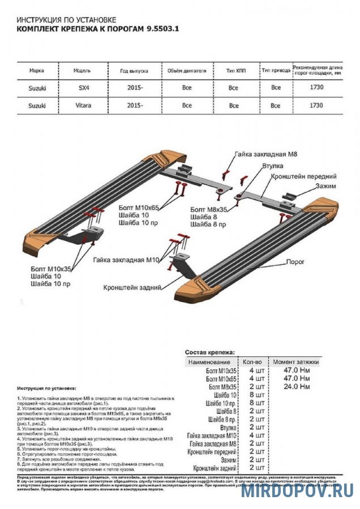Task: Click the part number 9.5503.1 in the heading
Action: [162, 27]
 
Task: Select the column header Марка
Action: [37, 72]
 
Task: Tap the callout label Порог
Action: [295, 262]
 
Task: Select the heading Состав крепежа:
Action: [209, 351]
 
